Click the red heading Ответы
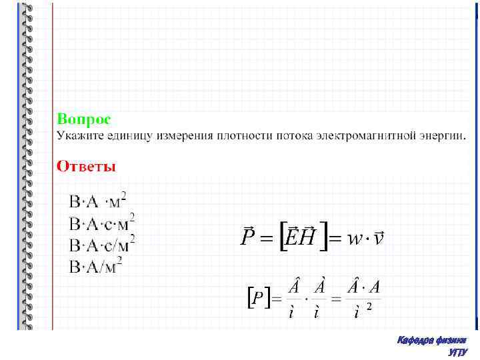86,166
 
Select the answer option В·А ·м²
98,201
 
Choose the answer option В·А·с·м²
103,222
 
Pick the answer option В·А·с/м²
103,244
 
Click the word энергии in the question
441,137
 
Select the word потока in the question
280,137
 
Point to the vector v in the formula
379,237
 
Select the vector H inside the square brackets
307,237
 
